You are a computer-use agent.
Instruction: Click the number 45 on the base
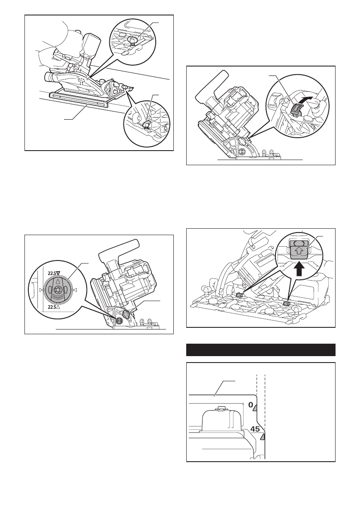(256, 429)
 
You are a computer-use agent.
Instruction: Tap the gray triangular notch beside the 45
(263, 437)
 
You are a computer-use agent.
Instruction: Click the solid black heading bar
(260, 350)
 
